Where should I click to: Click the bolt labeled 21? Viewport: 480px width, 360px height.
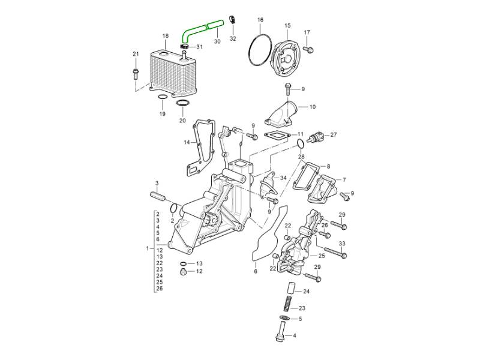136,74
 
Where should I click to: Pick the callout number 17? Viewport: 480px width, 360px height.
307,32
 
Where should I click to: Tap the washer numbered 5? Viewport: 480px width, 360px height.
284,318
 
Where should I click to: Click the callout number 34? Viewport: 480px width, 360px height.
283,178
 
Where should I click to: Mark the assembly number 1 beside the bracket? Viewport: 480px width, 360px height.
147,248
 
